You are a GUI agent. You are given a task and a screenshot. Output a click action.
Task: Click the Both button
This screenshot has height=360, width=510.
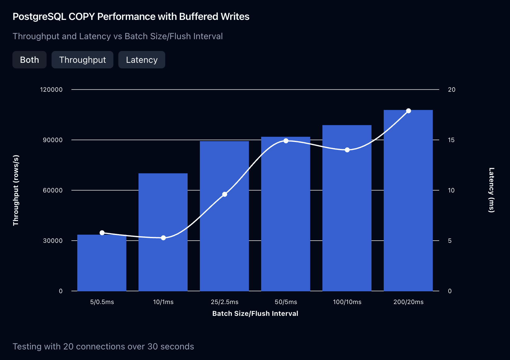30,60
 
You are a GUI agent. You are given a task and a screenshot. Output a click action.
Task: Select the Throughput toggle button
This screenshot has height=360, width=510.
82,60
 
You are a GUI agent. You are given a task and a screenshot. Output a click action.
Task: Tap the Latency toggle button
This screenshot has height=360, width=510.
142,60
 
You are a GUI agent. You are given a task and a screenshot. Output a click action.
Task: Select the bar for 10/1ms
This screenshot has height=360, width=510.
163,233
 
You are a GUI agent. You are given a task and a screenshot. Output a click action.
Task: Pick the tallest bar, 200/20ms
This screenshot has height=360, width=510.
408,202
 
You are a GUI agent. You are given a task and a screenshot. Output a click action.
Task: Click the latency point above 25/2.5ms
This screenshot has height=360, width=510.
225,194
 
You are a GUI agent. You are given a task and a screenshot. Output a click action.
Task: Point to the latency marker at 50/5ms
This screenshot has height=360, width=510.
286,141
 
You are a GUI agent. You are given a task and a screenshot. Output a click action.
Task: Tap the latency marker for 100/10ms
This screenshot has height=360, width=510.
347,150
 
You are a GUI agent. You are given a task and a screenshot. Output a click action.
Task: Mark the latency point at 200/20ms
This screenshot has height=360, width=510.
408,111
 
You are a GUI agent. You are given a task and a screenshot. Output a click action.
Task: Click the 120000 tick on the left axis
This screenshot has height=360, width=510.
51,90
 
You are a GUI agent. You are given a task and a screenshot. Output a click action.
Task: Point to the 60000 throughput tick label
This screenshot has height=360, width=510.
52,190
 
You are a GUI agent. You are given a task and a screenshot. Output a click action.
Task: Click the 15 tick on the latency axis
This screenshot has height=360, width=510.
451,140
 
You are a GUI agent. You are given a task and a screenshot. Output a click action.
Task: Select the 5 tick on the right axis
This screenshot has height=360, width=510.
450,241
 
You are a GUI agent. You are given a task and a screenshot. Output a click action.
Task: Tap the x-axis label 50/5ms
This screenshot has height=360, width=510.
286,302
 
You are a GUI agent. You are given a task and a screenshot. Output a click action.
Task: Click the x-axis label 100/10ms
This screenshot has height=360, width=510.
347,302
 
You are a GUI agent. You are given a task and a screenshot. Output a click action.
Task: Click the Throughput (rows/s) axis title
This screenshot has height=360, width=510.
16,190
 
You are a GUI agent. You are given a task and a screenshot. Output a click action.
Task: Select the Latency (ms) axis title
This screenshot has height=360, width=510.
491,190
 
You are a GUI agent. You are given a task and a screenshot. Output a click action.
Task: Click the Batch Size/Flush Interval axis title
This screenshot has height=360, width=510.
255,313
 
